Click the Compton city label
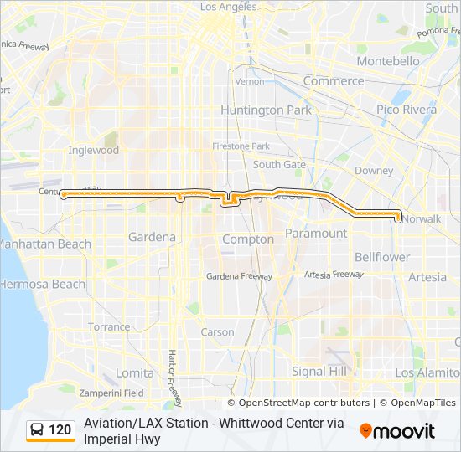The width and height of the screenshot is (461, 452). (247, 239)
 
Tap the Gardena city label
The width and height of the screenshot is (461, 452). (152, 237)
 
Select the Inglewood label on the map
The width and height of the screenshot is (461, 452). (93, 151)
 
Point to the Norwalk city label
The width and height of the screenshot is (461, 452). (422, 218)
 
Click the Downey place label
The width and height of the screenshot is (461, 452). (374, 171)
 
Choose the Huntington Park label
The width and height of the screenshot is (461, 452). (266, 110)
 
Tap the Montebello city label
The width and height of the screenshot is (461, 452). (387, 61)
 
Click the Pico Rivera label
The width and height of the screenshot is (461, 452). (407, 110)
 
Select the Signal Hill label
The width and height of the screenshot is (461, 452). (319, 371)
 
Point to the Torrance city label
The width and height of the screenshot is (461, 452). (109, 326)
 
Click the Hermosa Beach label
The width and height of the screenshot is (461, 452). (42, 284)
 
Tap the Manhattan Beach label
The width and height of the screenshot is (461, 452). (45, 244)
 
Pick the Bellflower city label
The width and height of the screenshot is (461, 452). (382, 257)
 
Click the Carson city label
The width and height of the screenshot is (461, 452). (218, 331)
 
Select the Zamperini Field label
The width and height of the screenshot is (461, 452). (111, 393)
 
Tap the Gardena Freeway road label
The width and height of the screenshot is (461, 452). (239, 275)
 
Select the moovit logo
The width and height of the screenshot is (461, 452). (397, 431)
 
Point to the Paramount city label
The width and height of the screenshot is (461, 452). (316, 233)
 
